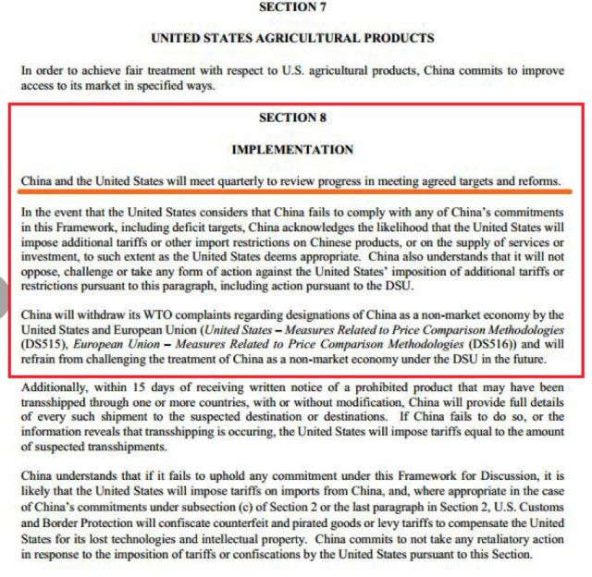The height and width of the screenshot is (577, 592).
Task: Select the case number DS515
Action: click(x=41, y=344)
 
